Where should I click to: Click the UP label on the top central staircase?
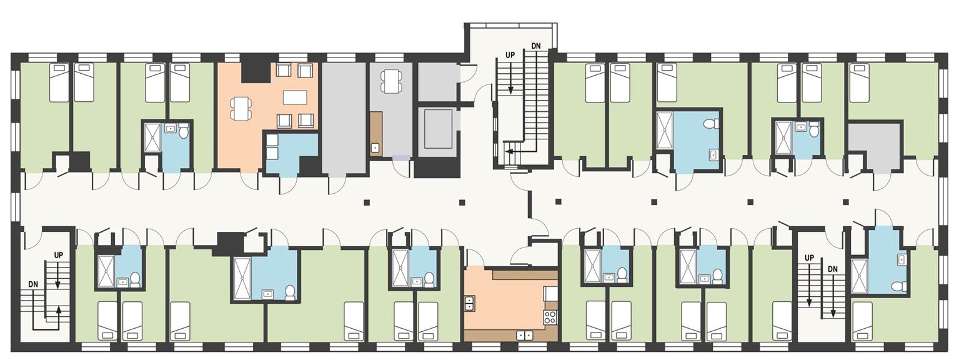tap(510, 55)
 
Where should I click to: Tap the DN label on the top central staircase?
tap(535, 46)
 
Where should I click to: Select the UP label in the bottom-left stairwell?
tap(59, 255)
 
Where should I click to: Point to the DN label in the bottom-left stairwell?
tap(33, 284)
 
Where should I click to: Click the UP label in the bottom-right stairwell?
tap(809, 257)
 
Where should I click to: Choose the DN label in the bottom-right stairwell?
tap(833, 269)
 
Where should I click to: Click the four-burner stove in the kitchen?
tap(550, 317)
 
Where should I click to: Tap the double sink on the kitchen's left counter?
tap(469, 302)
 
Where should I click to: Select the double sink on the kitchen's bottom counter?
tap(525, 335)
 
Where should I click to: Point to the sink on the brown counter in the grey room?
tap(375, 148)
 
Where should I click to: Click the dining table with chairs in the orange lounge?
tap(241, 108)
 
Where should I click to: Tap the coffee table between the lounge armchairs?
tap(294, 97)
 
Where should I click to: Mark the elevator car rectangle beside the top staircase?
tap(438, 128)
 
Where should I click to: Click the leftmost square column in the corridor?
tap(365, 202)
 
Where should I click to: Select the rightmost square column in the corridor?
tap(845, 202)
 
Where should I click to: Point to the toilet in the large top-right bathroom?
tap(710, 124)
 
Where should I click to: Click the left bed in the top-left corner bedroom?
tap(59, 82)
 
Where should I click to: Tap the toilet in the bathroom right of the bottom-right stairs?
tap(898, 286)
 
